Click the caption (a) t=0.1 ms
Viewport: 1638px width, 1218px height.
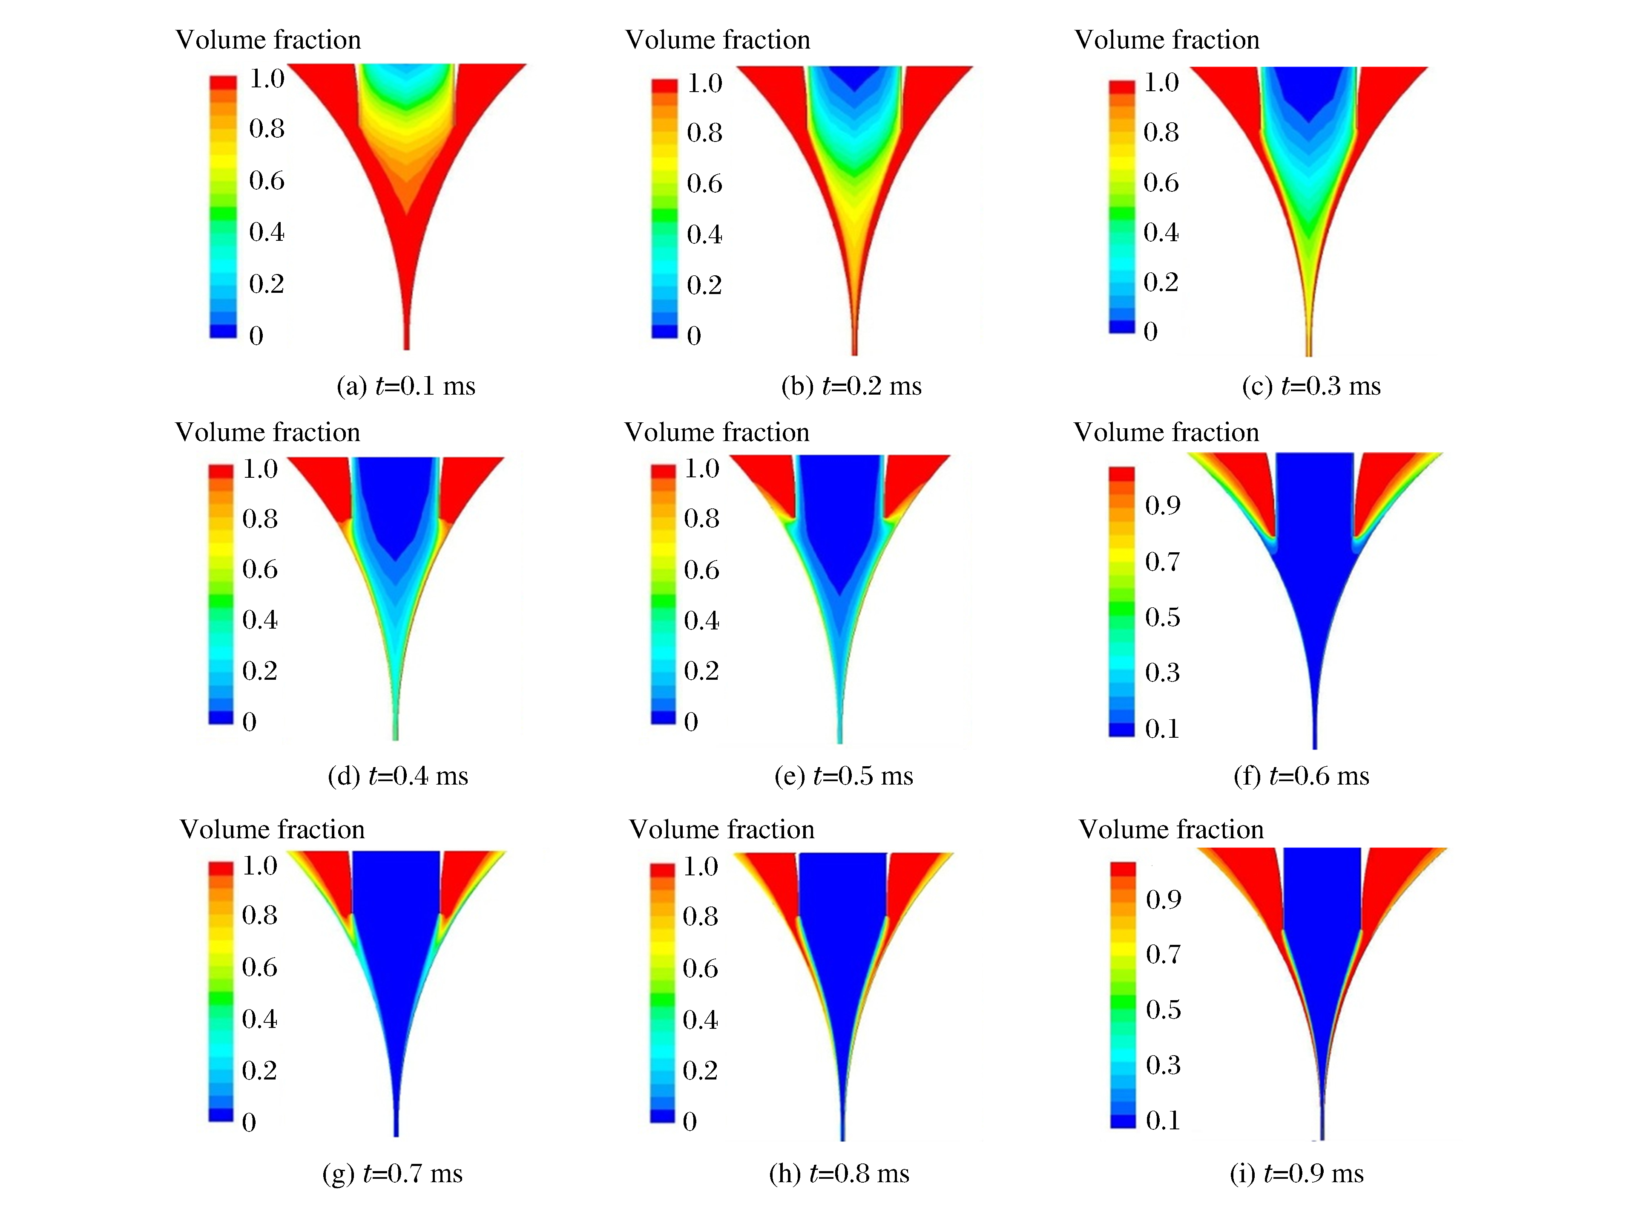point(405,386)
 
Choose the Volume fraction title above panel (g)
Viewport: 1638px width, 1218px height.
point(272,829)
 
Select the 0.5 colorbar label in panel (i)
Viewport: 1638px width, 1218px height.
point(1163,1009)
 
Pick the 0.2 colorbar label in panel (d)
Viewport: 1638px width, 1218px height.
point(259,670)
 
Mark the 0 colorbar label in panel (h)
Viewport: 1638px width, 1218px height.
point(690,1121)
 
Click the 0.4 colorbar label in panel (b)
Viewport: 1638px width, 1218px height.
point(704,234)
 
